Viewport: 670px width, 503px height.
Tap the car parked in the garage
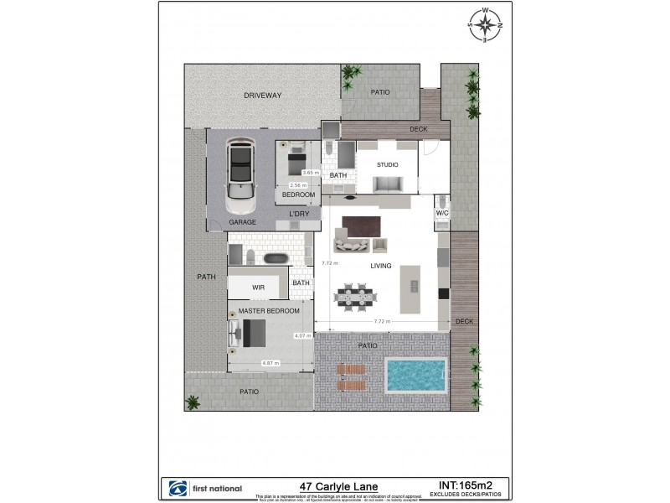(x=241, y=174)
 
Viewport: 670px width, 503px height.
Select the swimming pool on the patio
(x=415, y=376)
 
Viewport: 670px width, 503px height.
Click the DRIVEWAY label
(x=263, y=96)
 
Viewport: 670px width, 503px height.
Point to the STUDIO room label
(x=387, y=164)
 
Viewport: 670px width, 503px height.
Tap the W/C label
(x=442, y=214)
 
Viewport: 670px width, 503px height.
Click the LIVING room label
(x=381, y=266)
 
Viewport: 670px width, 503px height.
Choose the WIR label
(x=258, y=288)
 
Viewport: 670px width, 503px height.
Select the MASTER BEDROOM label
(x=269, y=311)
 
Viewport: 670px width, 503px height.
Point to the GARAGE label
(x=243, y=222)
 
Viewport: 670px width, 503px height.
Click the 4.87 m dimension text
(x=270, y=363)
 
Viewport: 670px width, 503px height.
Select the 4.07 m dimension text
(x=302, y=336)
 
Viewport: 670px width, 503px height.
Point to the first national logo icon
(x=177, y=488)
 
